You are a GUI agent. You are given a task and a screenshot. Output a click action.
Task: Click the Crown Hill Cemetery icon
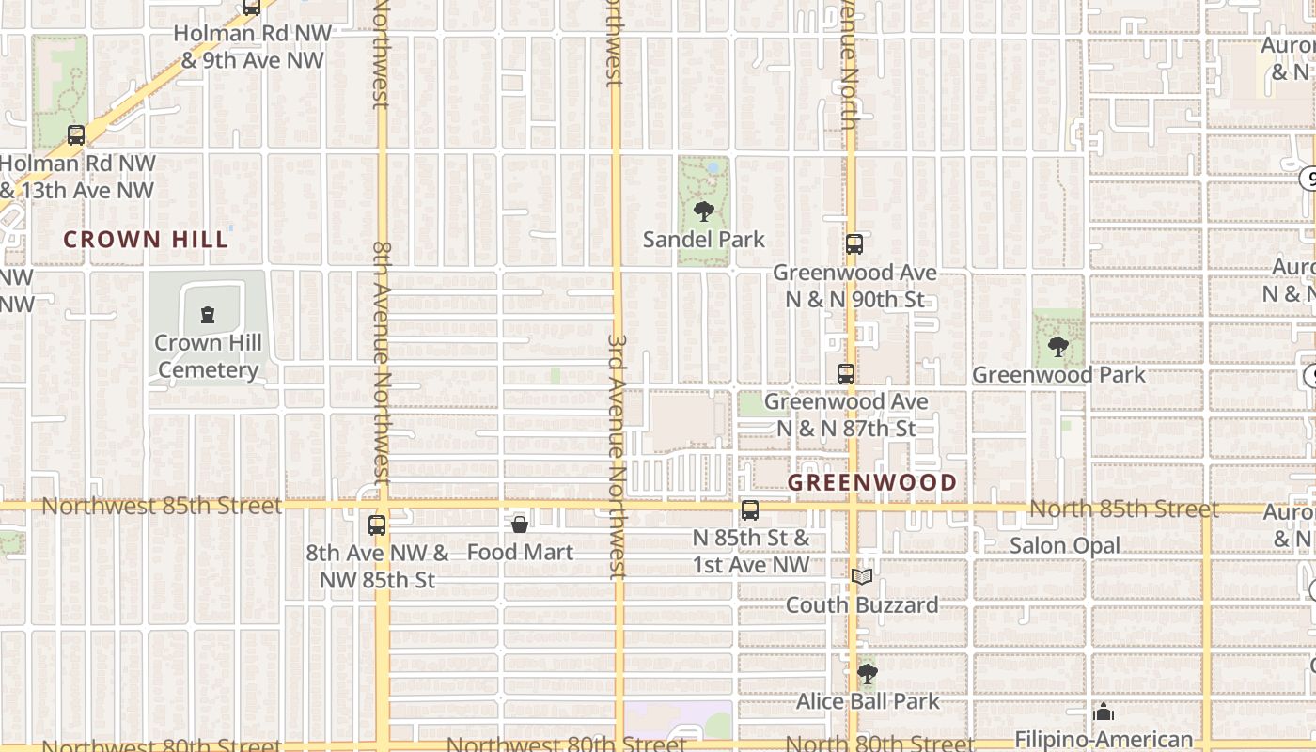pos(208,314)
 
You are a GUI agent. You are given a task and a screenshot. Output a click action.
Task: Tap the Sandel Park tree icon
pos(703,211)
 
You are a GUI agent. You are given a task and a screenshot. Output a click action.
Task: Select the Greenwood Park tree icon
pos(1058,346)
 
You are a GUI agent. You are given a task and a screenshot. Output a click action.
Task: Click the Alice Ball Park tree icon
pos(868,673)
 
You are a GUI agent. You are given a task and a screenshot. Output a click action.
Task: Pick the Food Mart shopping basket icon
pos(520,524)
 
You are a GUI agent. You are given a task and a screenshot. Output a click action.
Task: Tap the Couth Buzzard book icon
pos(862,576)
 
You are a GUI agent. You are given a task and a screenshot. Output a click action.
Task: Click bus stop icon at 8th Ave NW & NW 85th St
pos(377,525)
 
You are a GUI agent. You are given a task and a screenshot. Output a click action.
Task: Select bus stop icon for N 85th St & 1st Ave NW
pos(750,510)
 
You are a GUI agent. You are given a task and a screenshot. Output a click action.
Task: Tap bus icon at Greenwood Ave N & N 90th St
pos(854,244)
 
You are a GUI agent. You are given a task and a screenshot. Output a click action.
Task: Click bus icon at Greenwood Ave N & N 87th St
pos(846,373)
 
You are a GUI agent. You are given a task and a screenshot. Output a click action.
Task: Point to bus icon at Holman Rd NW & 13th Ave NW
pos(76,135)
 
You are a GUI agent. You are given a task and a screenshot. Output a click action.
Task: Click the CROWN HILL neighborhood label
pos(146,240)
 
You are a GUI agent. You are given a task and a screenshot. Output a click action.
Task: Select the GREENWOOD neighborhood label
pos(872,483)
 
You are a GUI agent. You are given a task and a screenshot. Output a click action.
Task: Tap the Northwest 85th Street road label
pos(162,507)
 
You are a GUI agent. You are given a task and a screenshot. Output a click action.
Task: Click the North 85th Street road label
pos(1123,509)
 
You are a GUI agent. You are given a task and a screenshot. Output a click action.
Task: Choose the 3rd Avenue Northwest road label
pos(617,456)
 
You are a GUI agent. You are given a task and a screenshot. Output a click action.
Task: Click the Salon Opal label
pos(1065,546)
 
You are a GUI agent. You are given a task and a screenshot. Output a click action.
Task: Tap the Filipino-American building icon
pos(1104,712)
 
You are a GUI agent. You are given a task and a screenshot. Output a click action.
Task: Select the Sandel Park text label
pos(704,240)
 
